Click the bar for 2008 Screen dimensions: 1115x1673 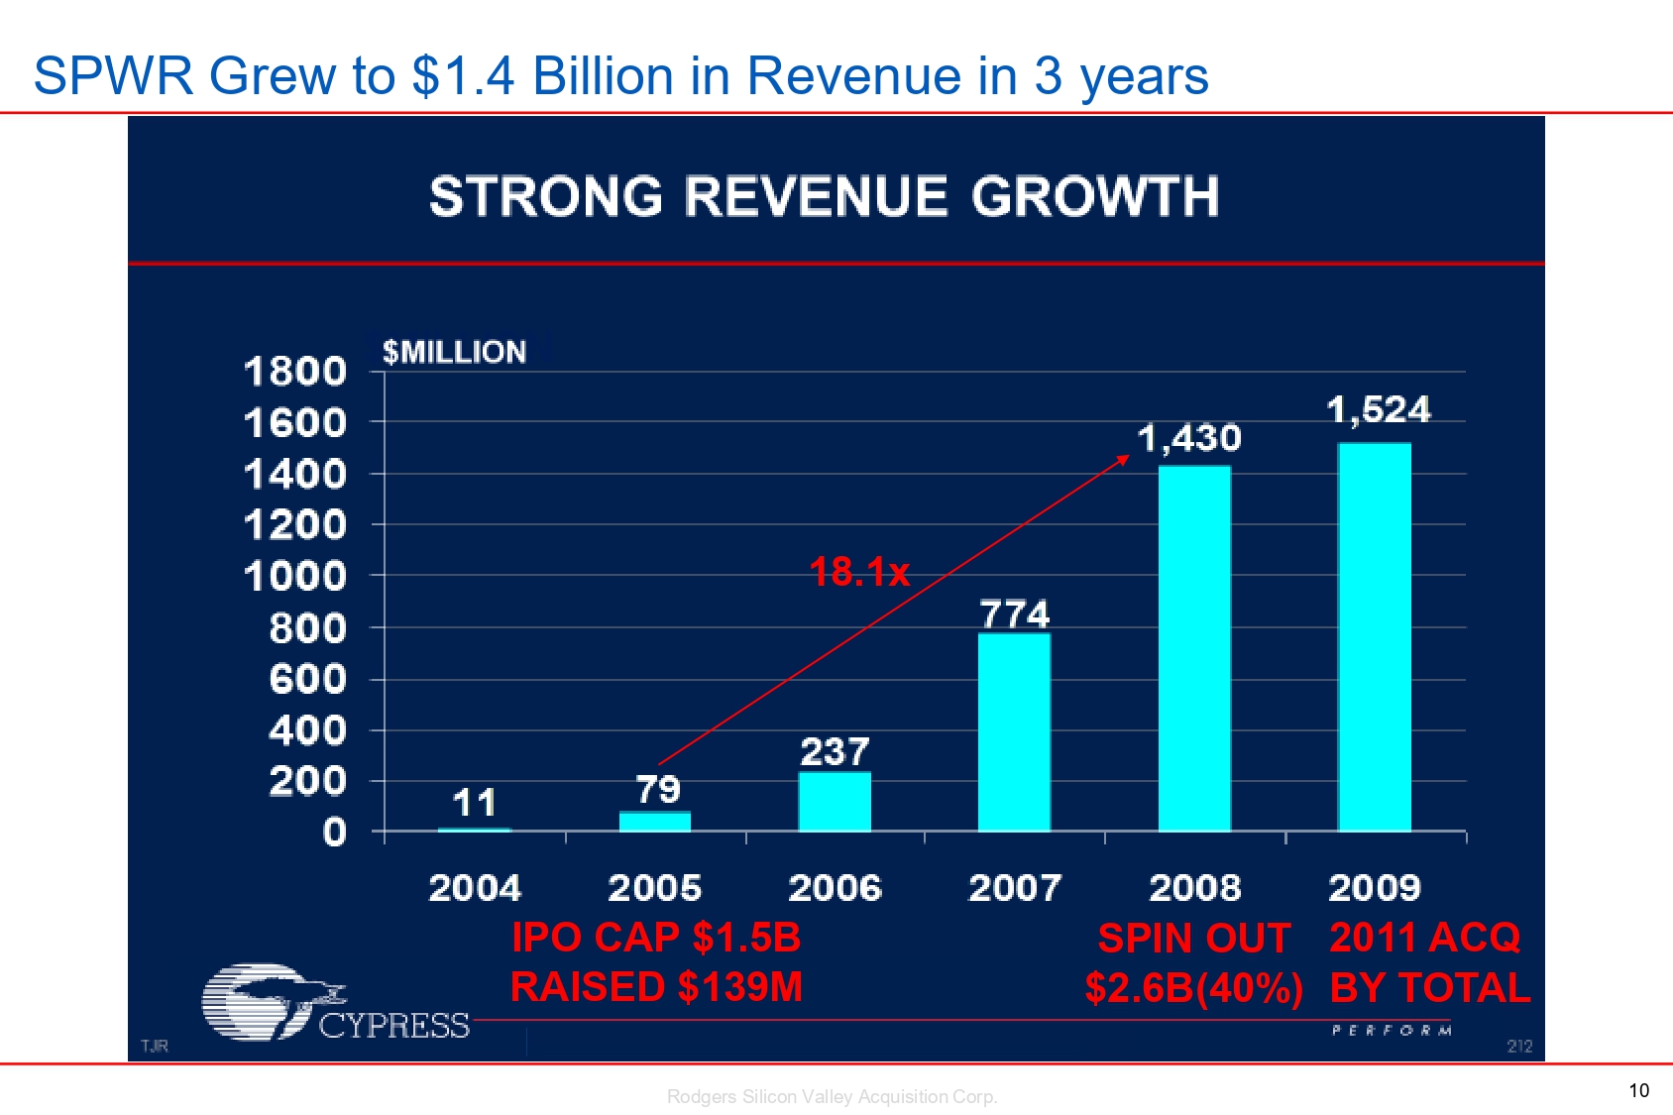click(1194, 648)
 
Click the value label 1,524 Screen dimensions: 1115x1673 click(1379, 409)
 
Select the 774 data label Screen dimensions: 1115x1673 click(1014, 614)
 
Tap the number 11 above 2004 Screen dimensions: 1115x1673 click(475, 802)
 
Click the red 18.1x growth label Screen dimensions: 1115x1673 click(859, 572)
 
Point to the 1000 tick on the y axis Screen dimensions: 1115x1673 click(295, 576)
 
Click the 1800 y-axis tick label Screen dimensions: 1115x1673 click(295, 372)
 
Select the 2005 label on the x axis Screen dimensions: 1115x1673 click(654, 887)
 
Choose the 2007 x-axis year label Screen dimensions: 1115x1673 click(1014, 887)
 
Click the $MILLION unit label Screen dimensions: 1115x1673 click(454, 352)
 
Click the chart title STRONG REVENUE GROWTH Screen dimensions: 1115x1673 click(824, 196)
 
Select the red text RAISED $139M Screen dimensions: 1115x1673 click(656, 987)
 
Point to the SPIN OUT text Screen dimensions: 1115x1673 click(1193, 938)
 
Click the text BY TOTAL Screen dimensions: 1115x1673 click(1429, 987)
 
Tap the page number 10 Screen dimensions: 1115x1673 click(1638, 1090)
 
